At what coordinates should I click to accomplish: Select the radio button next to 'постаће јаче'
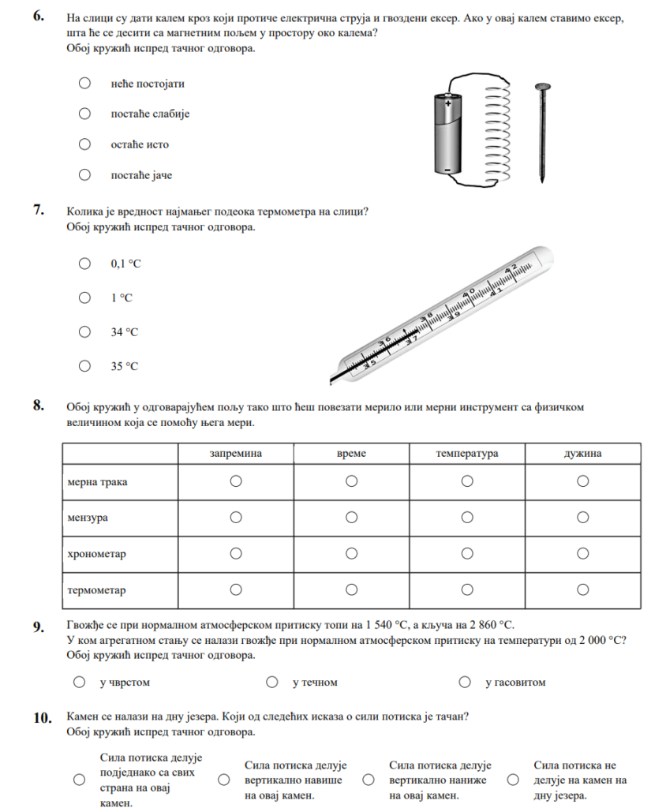(84, 174)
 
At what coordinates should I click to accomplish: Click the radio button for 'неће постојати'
(84, 83)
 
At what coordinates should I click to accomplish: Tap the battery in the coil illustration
(449, 133)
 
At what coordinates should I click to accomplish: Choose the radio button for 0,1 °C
(84, 264)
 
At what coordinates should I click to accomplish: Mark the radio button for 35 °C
(84, 365)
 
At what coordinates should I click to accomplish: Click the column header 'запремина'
(235, 454)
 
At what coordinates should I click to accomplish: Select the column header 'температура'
(467, 454)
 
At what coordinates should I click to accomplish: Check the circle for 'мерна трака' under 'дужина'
(583, 481)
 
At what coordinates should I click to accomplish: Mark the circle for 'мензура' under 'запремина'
(235, 518)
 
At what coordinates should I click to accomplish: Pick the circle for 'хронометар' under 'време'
(351, 554)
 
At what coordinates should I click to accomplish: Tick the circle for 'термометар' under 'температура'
(467, 589)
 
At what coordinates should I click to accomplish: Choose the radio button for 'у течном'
(272, 682)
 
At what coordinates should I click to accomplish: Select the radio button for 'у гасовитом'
(466, 682)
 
